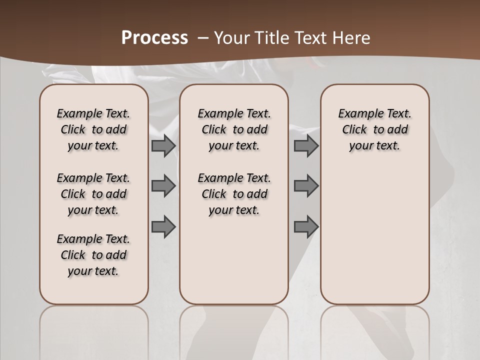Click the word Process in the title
click(x=154, y=37)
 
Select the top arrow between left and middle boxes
click(x=163, y=145)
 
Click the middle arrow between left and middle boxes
click(x=163, y=186)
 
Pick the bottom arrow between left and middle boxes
click(x=163, y=226)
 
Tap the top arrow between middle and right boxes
click(x=306, y=145)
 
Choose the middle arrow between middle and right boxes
click(x=306, y=186)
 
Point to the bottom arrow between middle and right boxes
click(x=306, y=226)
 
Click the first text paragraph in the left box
click(x=93, y=129)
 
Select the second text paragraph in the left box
click(x=93, y=194)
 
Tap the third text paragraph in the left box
click(x=93, y=255)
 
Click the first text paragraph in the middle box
click(x=234, y=129)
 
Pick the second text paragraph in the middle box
click(x=234, y=194)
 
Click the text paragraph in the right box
click(x=374, y=129)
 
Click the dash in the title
click(x=203, y=37)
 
